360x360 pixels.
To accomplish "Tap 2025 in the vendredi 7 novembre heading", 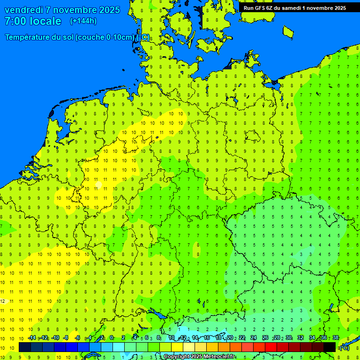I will tap(108, 10).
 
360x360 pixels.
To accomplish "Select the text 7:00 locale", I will tap(33, 21).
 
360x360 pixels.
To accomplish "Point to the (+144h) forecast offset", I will tap(83, 21).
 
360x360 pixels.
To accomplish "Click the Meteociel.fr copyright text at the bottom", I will tap(199, 357).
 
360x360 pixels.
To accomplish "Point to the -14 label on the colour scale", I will tap(31, 338).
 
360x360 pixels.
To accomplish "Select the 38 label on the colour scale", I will tap(335, 338).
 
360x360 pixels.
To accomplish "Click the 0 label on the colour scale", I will tap(112, 338).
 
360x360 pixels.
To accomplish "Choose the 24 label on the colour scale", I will tap(254, 338).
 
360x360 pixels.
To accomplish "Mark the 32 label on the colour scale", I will tap(300, 338).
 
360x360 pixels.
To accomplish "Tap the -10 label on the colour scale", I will tap(55, 338).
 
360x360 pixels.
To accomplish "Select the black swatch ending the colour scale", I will tap(330, 347).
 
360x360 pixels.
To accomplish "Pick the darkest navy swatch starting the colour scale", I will tap(24, 347).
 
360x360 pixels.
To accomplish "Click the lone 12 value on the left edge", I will tap(3, 301).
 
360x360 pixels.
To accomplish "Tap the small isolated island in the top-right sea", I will tap(288, 32).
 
